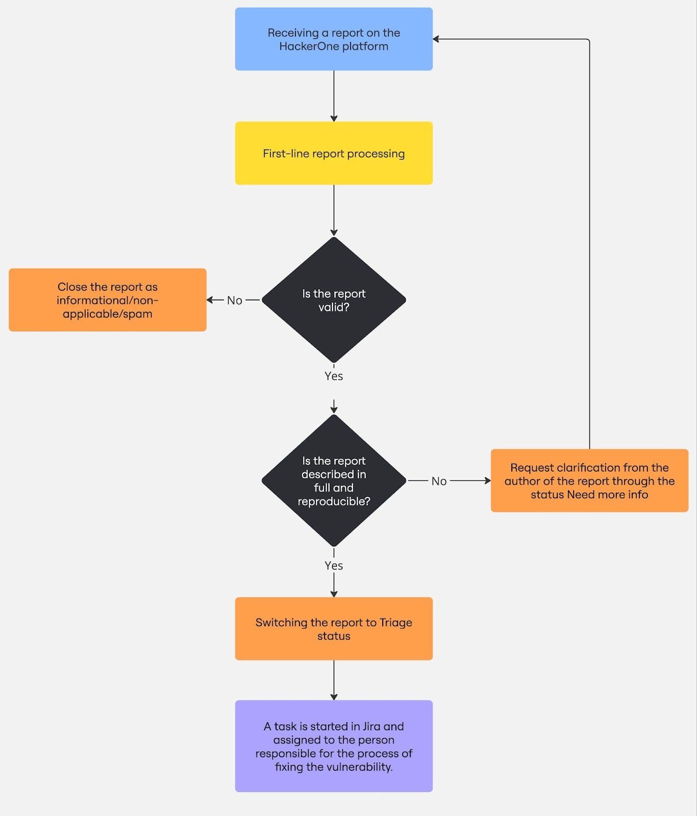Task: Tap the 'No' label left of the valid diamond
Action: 234,300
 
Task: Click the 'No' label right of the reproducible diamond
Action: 439,481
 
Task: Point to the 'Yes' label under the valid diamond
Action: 334,376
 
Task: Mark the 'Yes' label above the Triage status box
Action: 334,566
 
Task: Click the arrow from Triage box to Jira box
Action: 334,679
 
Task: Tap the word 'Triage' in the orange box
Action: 395,622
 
